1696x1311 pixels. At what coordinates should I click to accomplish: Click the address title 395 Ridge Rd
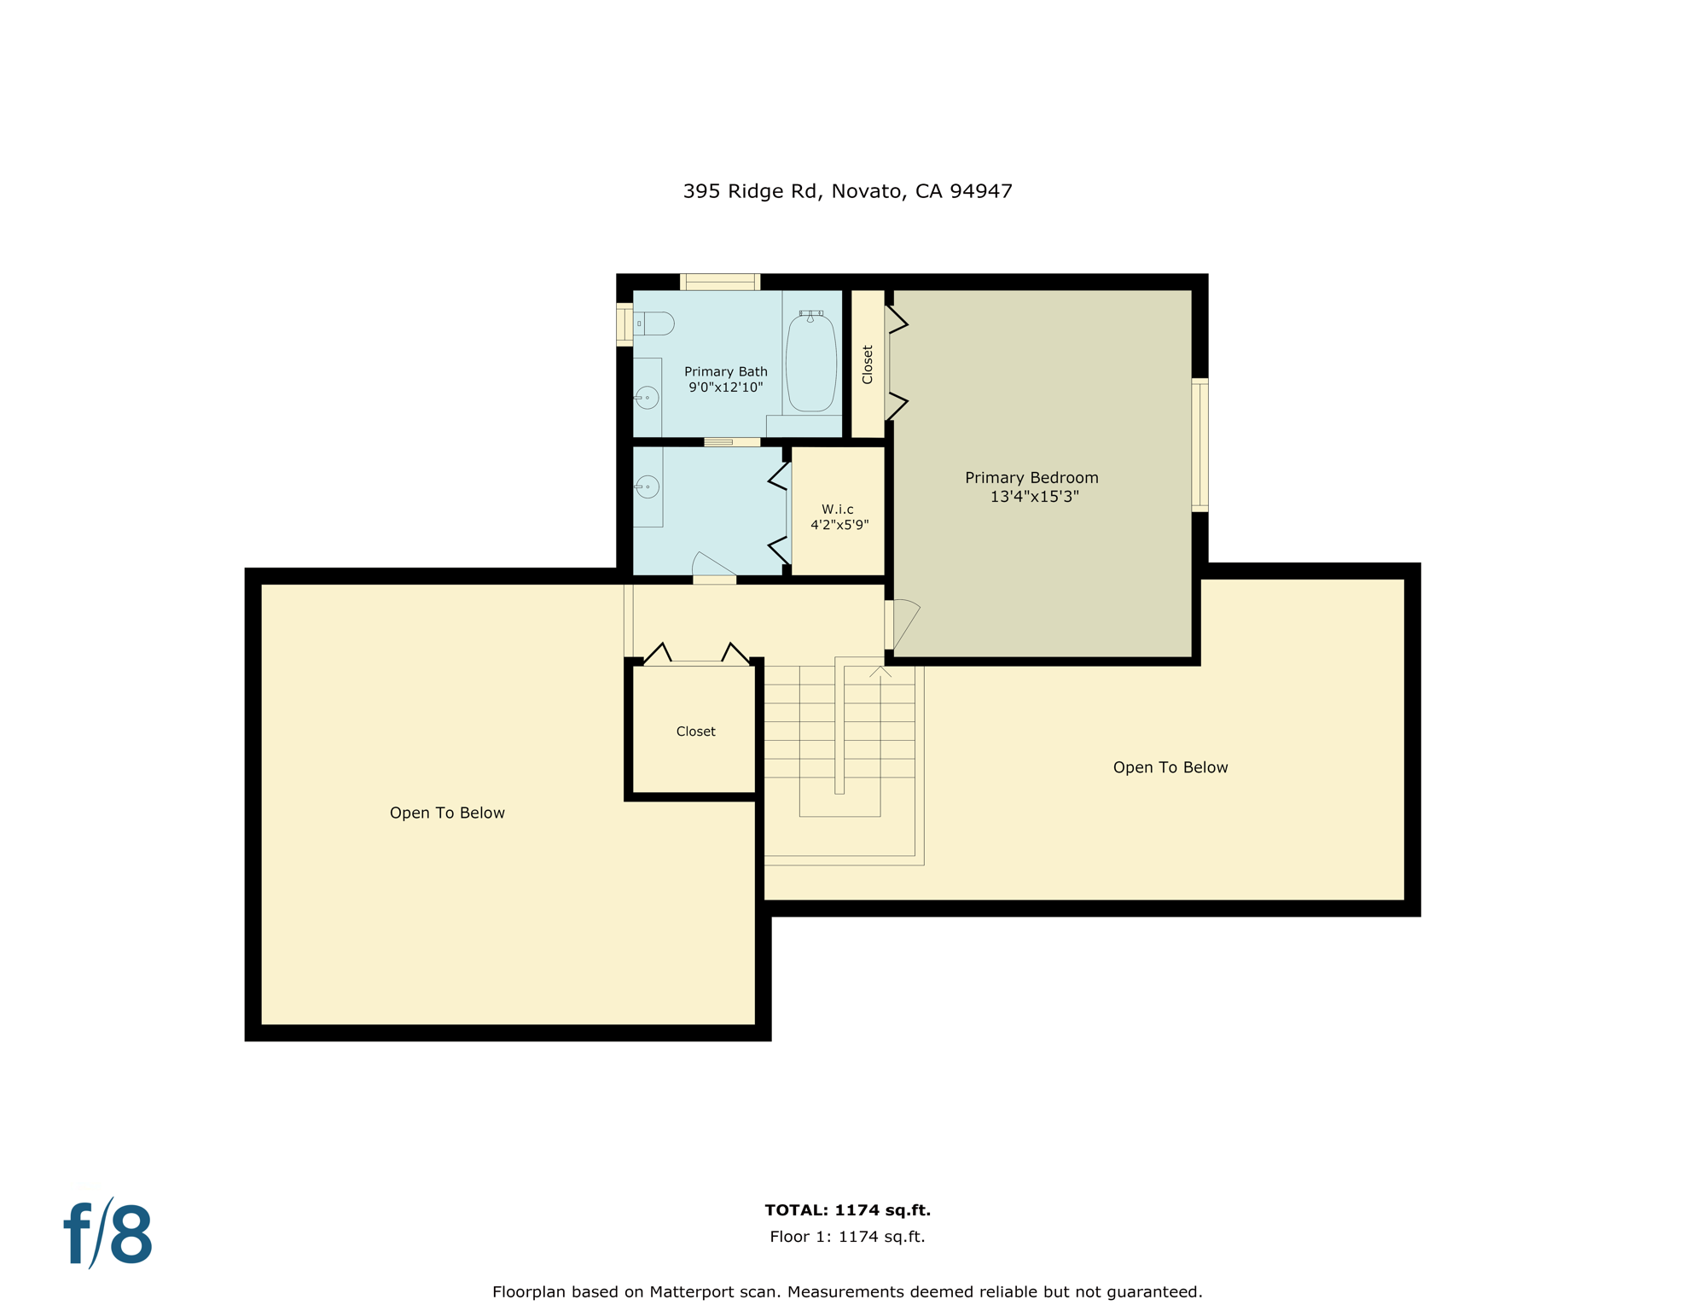pos(847,191)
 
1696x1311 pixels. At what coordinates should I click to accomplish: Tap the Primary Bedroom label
pos(1031,478)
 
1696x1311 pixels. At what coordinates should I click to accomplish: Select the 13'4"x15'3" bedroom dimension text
pos(1034,497)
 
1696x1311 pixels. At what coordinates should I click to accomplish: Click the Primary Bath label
pos(725,371)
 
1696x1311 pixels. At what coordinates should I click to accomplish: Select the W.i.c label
pos(837,510)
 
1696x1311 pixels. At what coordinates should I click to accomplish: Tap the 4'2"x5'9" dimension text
pos(839,525)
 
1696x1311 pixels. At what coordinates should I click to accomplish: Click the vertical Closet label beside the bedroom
pos(868,364)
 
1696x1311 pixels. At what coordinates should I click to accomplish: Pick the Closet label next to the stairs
pos(695,731)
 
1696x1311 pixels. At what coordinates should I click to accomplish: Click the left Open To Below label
pos(447,813)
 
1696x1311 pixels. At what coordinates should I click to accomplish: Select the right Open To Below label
pos(1170,768)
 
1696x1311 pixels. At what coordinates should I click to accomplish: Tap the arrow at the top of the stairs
pos(880,673)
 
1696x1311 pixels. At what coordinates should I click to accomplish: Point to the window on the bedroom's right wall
pos(1199,445)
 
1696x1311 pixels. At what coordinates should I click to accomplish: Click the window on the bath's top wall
pos(719,282)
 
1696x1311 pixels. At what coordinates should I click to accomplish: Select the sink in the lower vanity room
pos(648,487)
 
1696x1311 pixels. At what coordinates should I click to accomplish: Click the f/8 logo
pos(108,1234)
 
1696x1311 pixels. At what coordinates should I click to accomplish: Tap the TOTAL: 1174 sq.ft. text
pos(847,1210)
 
